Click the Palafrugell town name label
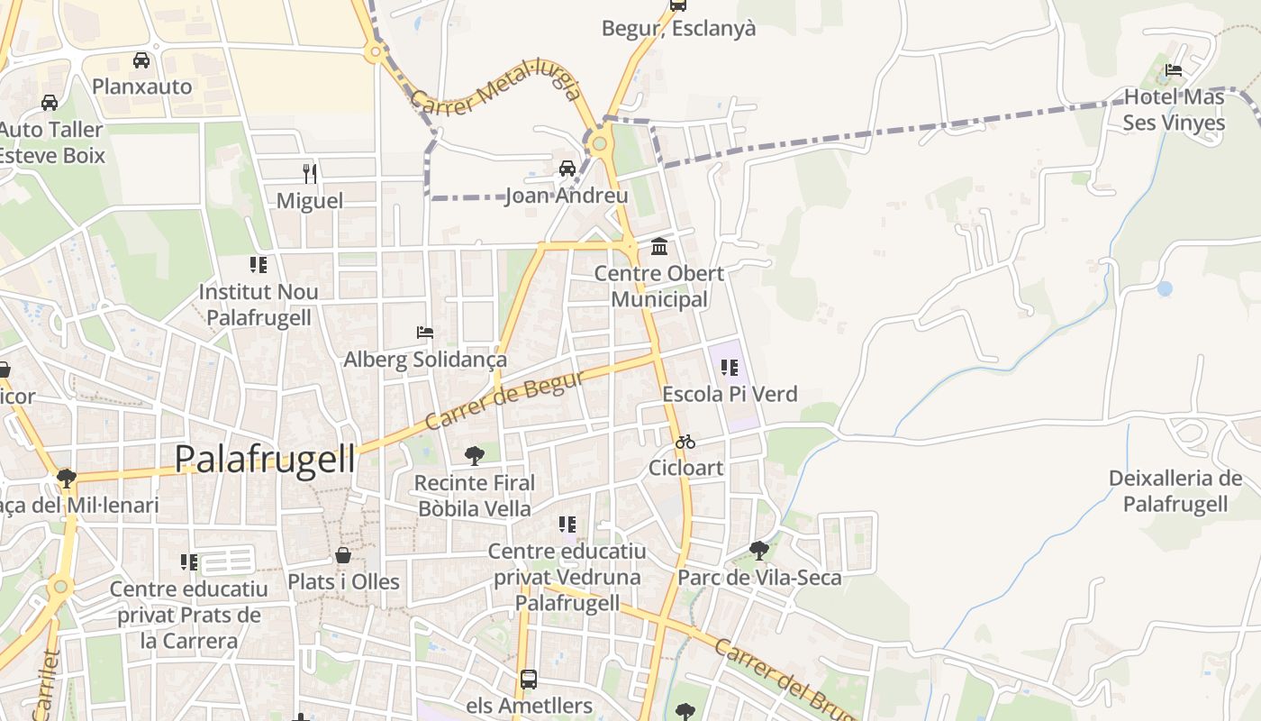(265, 459)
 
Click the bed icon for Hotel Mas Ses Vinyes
(1174, 70)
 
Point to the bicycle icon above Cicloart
(685, 442)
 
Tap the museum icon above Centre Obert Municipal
(659, 246)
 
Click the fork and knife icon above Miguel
(310, 173)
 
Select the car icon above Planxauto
(141, 60)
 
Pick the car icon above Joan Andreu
(567, 169)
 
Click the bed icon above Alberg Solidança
(425, 333)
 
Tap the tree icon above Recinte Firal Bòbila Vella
(475, 455)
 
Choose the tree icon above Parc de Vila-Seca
(759, 550)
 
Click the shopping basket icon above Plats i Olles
(343, 555)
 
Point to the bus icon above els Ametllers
(529, 679)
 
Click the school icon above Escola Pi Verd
(730, 367)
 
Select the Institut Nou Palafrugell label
(259, 305)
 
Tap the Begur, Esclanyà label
(678, 28)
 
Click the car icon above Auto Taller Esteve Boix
(50, 103)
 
